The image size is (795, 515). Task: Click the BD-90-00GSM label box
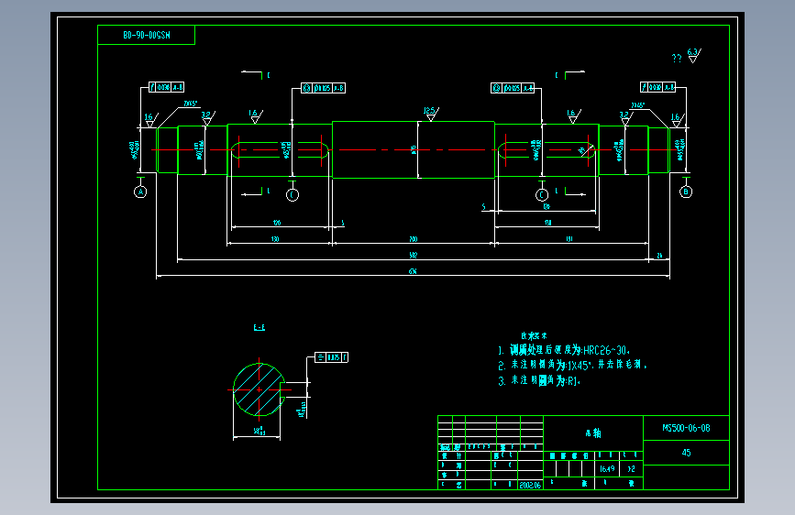tap(146, 35)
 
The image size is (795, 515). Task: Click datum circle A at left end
tap(140, 192)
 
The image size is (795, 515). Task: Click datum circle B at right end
tap(686, 192)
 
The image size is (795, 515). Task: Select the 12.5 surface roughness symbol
tap(429, 113)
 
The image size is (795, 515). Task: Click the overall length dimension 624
tap(413, 272)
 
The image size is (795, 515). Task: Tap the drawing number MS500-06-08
tap(686, 428)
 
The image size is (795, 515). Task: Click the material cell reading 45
tap(686, 453)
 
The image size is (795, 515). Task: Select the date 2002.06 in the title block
tap(530, 485)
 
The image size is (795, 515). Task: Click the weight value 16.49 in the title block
tap(606, 468)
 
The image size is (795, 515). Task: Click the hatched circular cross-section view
tap(259, 389)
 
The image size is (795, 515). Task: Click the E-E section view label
tap(259, 327)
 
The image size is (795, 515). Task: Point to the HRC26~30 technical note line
tap(564, 350)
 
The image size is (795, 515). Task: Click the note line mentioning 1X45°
tap(573, 365)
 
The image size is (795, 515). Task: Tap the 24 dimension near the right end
tap(659, 257)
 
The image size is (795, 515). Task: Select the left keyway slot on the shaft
tap(280, 150)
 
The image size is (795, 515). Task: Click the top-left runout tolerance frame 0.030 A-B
tap(165, 88)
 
